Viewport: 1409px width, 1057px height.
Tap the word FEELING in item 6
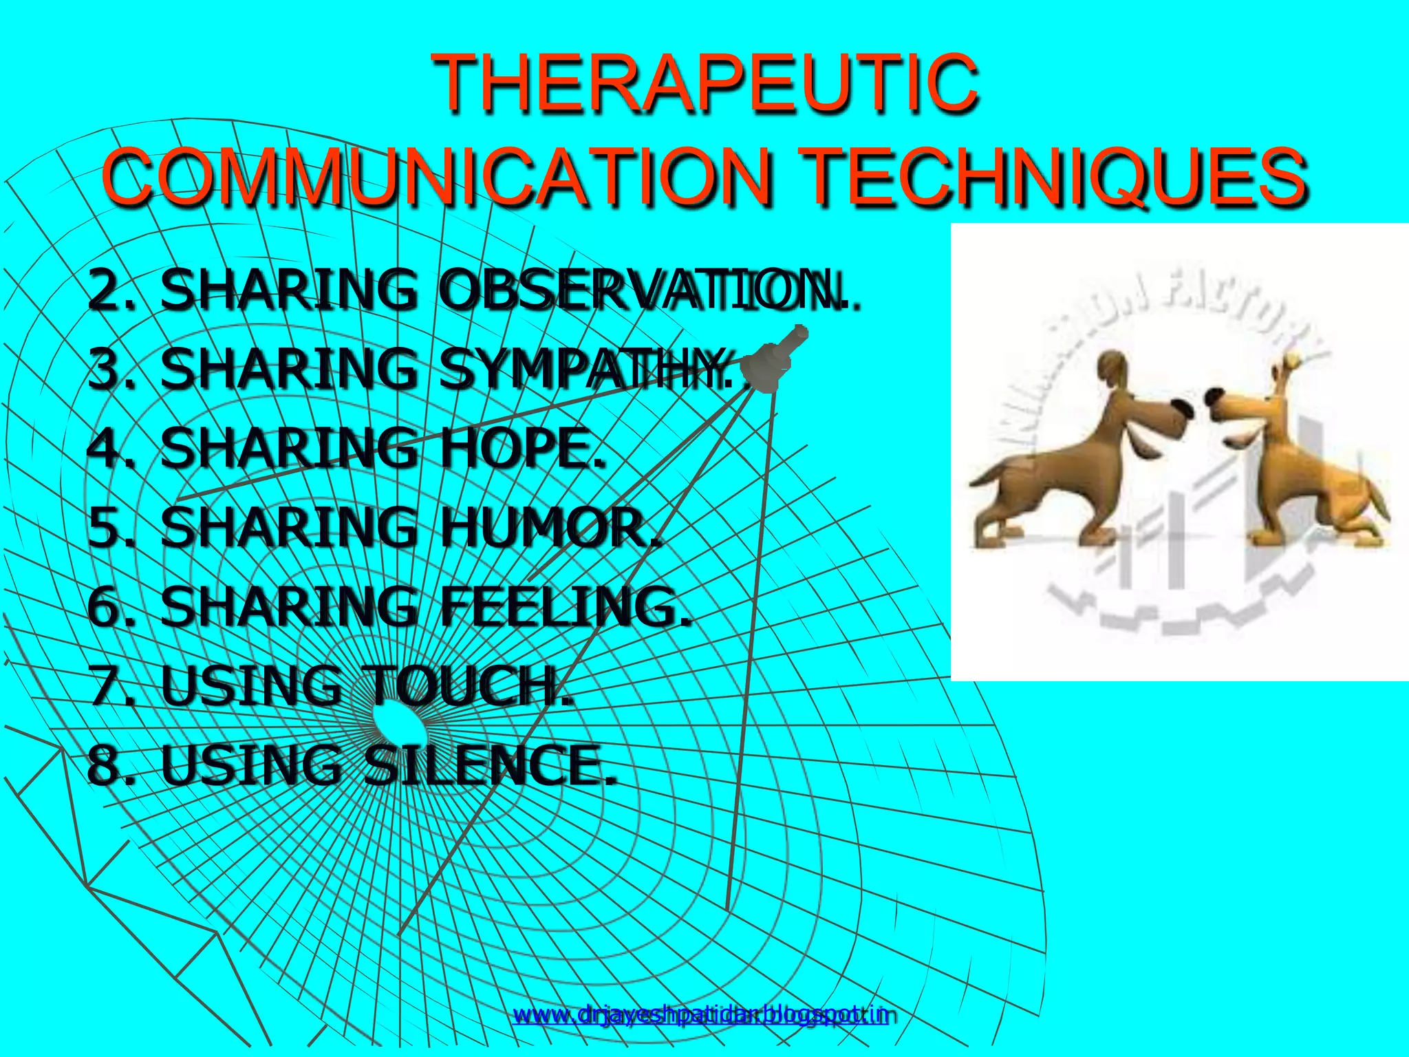click(x=564, y=606)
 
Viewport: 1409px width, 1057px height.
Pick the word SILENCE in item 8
click(x=488, y=765)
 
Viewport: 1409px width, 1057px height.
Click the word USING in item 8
click(x=250, y=765)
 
